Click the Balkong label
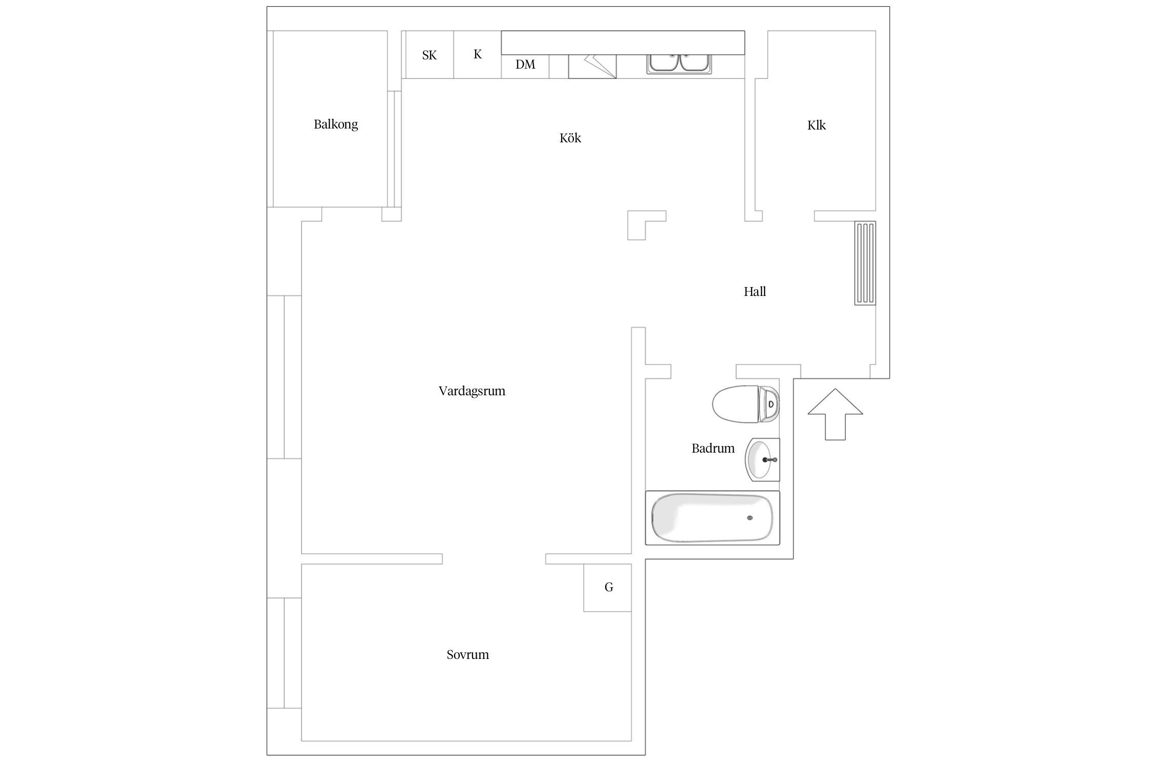(335, 124)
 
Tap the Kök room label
(570, 138)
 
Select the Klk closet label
(816, 125)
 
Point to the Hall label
(755, 291)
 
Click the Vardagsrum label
(472, 391)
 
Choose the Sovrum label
(467, 654)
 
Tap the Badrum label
(713, 449)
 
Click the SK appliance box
(430, 55)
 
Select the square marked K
(477, 54)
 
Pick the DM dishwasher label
(525, 65)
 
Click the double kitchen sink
(679, 64)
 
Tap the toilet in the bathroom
(746, 404)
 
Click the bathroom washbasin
(762, 459)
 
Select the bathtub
(712, 518)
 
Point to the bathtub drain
(750, 518)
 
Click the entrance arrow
(835, 414)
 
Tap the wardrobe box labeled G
(608, 588)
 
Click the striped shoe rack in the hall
(865, 263)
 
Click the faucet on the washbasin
(770, 460)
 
